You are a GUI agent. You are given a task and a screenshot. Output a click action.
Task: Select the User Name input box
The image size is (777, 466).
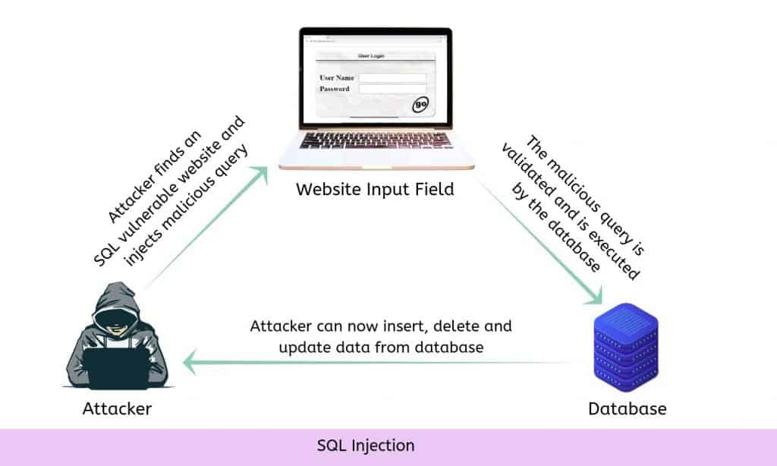click(392, 77)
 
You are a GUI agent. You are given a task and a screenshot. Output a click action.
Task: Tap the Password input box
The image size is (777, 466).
click(392, 89)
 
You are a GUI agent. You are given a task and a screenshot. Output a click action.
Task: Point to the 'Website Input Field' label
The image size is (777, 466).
click(376, 188)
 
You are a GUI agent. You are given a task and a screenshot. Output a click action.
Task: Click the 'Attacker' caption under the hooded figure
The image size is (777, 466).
click(117, 408)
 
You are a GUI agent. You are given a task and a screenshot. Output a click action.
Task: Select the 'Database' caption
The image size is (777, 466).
click(627, 408)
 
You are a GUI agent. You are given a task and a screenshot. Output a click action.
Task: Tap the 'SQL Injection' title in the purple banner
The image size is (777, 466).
click(366, 445)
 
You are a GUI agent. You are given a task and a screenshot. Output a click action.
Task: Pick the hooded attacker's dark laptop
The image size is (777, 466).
click(114, 368)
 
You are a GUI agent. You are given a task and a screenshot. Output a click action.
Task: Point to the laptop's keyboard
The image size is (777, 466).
click(376, 140)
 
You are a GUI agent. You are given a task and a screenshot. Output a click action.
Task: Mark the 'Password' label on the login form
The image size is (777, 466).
click(335, 89)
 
